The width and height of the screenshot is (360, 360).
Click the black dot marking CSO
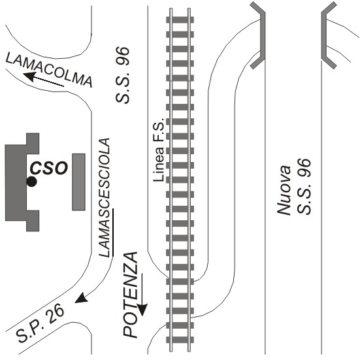coord(31,182)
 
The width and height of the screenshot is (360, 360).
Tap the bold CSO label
coord(49,169)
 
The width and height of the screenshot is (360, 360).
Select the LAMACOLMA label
coord(49,69)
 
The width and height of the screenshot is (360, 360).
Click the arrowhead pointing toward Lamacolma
coord(29,76)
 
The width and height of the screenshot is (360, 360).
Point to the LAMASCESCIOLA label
coord(104,198)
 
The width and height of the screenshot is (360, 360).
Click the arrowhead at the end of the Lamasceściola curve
coord(81,297)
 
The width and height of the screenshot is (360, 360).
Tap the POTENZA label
coord(130,295)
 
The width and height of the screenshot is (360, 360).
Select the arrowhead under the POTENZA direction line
coord(142,309)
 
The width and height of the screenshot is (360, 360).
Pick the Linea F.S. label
coord(159,150)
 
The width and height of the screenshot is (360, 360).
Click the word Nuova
coord(284,190)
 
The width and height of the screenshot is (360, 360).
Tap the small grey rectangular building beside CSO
coord(79,182)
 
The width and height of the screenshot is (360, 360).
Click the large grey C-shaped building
coord(22,182)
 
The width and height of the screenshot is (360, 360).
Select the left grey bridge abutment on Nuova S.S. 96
coord(260,35)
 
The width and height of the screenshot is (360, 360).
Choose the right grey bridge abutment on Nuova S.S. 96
coord(326,35)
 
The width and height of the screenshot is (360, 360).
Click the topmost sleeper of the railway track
coord(180,20)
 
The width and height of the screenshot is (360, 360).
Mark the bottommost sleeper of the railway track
coord(180,340)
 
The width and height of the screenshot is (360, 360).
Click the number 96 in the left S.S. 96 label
coord(123,56)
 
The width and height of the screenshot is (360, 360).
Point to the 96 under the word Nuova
coord(304,167)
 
